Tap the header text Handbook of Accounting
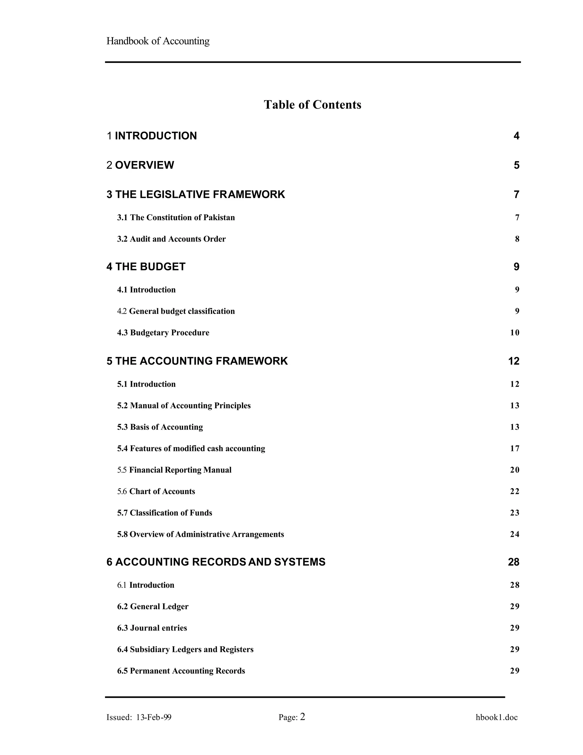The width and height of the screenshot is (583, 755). [x=158, y=41]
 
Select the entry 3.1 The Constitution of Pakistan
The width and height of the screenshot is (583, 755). [x=176, y=217]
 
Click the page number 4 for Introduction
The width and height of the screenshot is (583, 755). [x=516, y=136]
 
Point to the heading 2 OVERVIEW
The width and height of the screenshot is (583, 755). [x=140, y=165]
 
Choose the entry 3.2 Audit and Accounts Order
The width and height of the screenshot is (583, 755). [x=171, y=239]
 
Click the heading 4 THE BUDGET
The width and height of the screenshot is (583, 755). [x=146, y=267]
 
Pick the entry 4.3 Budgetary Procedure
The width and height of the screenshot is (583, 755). [x=163, y=332]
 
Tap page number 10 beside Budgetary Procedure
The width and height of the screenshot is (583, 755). [x=514, y=332]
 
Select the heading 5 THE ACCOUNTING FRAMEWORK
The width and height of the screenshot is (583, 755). [x=197, y=361]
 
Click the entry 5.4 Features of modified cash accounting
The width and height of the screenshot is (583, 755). [x=191, y=448]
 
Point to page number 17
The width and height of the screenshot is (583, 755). [x=514, y=448]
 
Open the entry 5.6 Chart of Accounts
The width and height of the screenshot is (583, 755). [x=156, y=491]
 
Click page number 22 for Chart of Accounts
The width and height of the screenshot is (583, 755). [x=514, y=491]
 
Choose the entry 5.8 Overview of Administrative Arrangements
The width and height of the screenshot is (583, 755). [x=200, y=534]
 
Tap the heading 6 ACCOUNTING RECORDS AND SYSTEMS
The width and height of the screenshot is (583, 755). [x=216, y=562]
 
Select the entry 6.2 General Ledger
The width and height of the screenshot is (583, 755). [x=153, y=606]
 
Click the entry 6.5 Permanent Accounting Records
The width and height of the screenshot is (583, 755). [x=181, y=671]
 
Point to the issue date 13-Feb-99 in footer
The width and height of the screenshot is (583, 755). [x=154, y=717]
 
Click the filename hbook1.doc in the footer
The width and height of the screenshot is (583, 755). [x=496, y=717]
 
